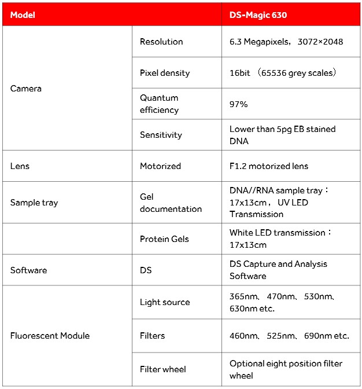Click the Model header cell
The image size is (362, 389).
pyautogui.click(x=23, y=15)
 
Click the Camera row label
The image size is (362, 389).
pyautogui.click(x=26, y=89)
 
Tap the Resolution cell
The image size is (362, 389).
pyautogui.click(x=161, y=42)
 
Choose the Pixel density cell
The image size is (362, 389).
pyautogui.click(x=165, y=73)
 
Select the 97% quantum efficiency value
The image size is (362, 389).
pyautogui.click(x=239, y=104)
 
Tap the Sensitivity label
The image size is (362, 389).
pyautogui.click(x=161, y=135)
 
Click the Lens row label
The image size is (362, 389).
pyautogui.click(x=20, y=166)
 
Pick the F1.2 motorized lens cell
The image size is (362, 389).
pyautogui.click(x=269, y=166)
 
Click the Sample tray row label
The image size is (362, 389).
pyautogui.click(x=34, y=203)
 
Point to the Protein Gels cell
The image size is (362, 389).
pyautogui.click(x=164, y=239)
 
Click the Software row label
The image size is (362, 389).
pyautogui.click(x=29, y=270)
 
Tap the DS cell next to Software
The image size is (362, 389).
pyautogui.click(x=146, y=270)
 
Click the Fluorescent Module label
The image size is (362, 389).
pyautogui.click(x=50, y=336)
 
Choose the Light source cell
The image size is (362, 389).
pyautogui.click(x=165, y=302)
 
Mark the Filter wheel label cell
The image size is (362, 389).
pyautogui.click(x=163, y=369)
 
